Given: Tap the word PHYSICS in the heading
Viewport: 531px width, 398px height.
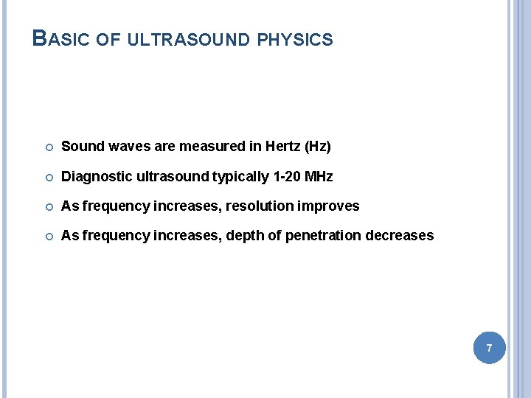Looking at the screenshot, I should pyautogui.click(x=295, y=39).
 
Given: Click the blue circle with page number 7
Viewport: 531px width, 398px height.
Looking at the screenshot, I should pyautogui.click(x=489, y=346).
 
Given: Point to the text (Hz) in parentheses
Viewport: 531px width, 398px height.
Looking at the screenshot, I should pyautogui.click(x=318, y=147).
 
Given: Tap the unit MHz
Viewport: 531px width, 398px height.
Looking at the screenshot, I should pyautogui.click(x=319, y=177).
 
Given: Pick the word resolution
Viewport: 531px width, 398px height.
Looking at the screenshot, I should pyautogui.click(x=258, y=206).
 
